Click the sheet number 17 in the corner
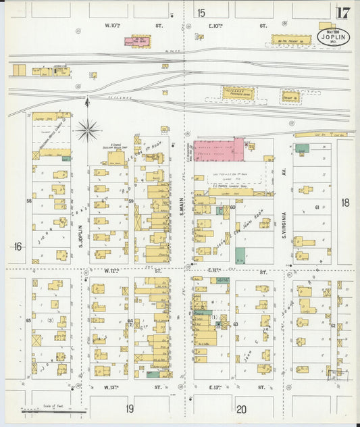[x=342, y=12]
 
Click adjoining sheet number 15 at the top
[x=201, y=12]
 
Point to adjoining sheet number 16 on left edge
[x=16, y=247]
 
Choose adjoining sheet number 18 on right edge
[x=345, y=202]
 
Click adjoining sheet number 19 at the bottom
[x=129, y=408]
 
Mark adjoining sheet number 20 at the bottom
[x=241, y=408]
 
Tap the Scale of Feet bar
[x=53, y=409]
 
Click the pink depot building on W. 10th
[x=140, y=41]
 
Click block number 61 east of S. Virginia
[x=316, y=207]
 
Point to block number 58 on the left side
[x=29, y=201]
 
